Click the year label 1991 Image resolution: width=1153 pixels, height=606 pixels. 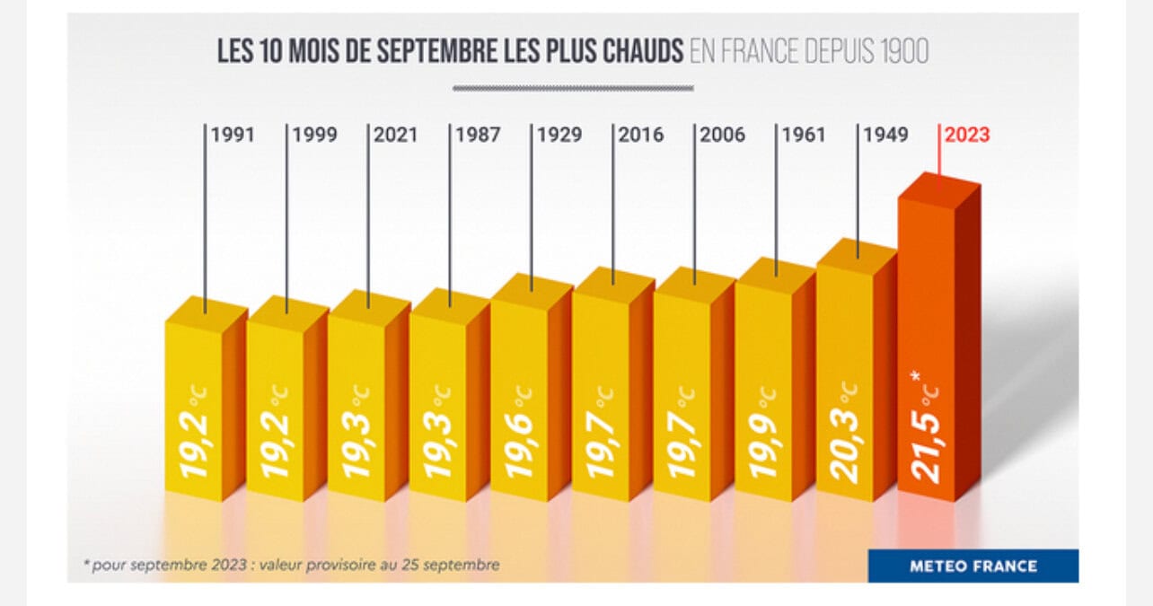[x=233, y=136]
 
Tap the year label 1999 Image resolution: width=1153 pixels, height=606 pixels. [x=314, y=136]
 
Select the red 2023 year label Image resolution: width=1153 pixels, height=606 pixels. [x=967, y=136]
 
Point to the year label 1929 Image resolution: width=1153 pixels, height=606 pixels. [x=559, y=136]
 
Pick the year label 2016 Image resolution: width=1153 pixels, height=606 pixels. [x=641, y=136]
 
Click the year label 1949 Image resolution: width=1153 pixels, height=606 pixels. [x=885, y=136]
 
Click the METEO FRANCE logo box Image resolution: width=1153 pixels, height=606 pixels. [x=973, y=566]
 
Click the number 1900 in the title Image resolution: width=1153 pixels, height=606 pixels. [x=901, y=51]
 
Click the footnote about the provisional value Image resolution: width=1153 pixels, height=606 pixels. [x=291, y=565]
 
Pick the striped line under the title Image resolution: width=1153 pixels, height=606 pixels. [x=573, y=88]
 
